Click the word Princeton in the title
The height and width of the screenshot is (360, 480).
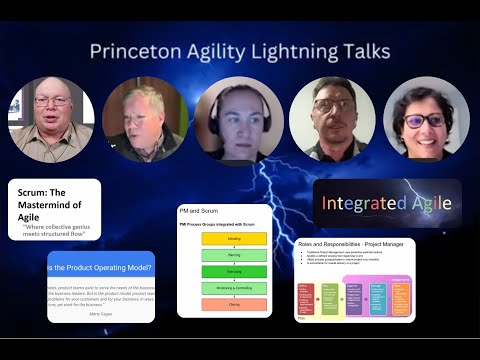[134, 50]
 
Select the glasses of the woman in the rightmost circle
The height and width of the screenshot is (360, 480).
[427, 121]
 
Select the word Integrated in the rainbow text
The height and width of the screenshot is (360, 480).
[360, 203]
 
